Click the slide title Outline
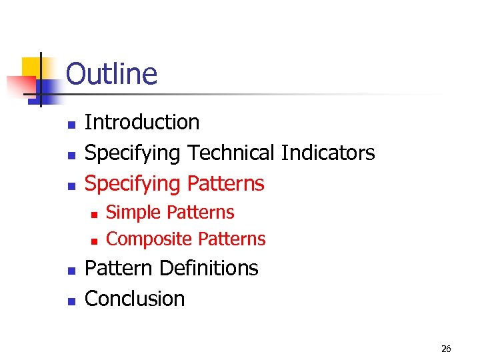point(111,74)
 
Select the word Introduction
point(142,122)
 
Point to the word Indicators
point(328,153)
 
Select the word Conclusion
point(135,299)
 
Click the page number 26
point(446,349)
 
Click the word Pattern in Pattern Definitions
point(119,268)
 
